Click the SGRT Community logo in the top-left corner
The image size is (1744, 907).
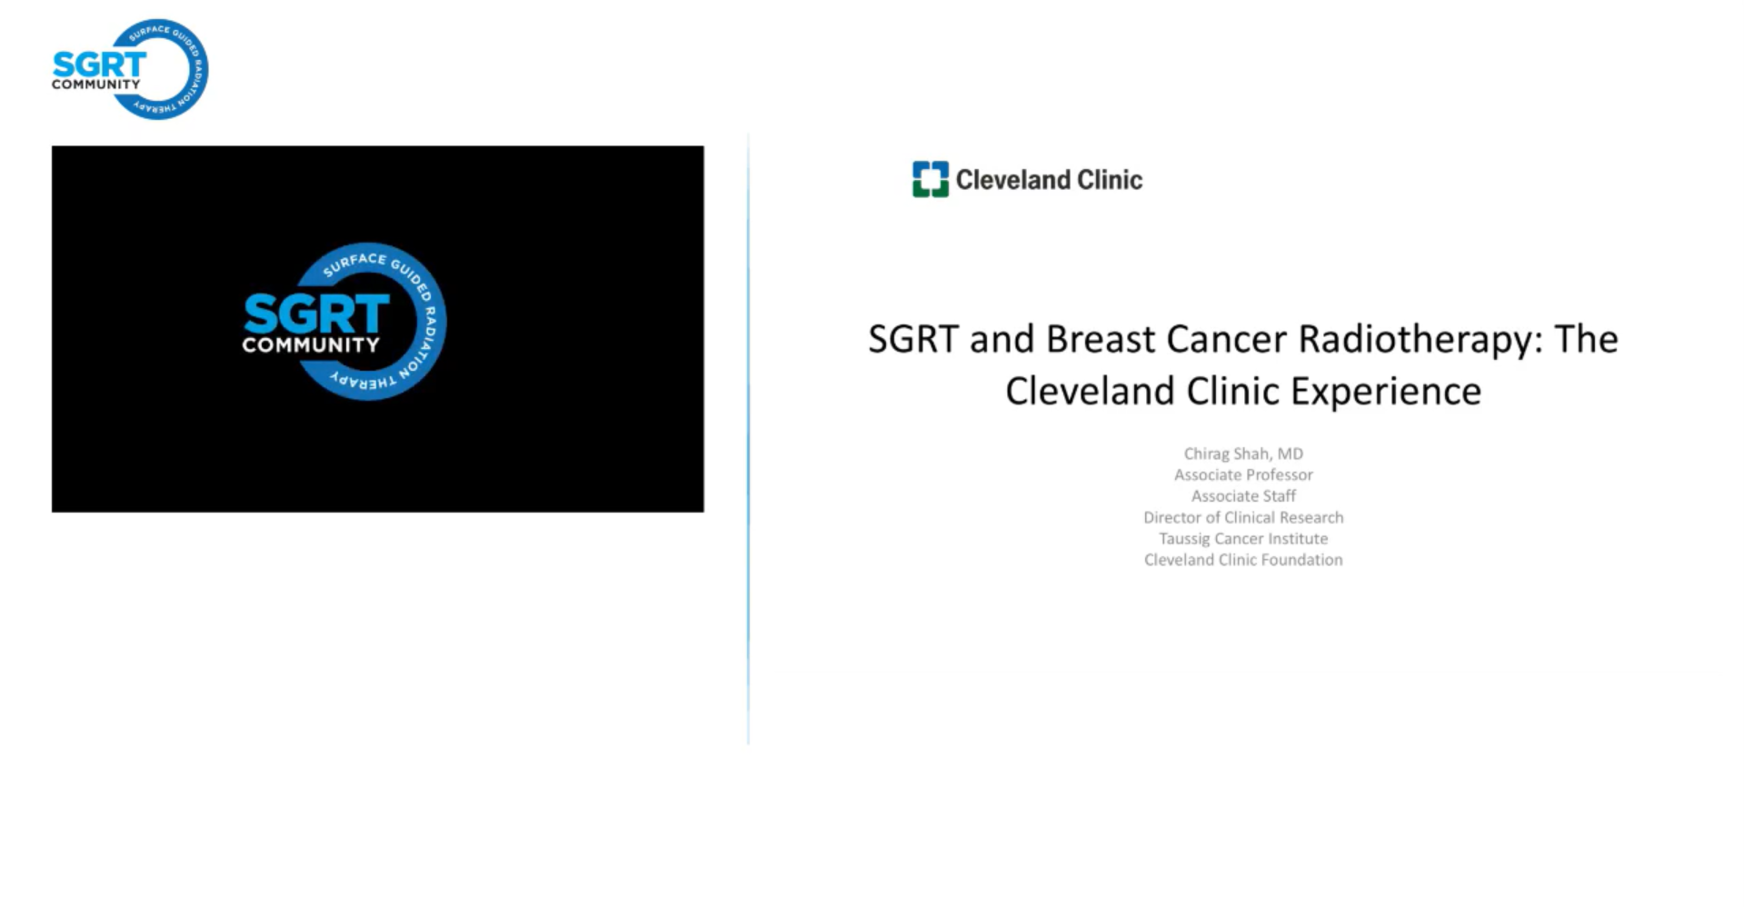130,69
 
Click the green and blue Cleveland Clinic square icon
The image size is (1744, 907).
930,179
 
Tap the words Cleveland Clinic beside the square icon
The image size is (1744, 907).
1049,180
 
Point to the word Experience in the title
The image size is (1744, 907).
1386,393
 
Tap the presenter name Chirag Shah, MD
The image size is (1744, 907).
1243,453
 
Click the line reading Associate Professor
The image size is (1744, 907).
1243,474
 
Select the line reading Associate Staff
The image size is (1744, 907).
1243,496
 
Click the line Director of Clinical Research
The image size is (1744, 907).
1243,517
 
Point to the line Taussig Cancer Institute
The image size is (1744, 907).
1243,539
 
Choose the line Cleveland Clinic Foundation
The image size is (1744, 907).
1243,560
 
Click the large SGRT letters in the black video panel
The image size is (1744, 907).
316,314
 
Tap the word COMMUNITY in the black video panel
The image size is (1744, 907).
311,345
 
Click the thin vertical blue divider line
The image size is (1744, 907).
748,439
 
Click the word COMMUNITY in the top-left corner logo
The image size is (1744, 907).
96,85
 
